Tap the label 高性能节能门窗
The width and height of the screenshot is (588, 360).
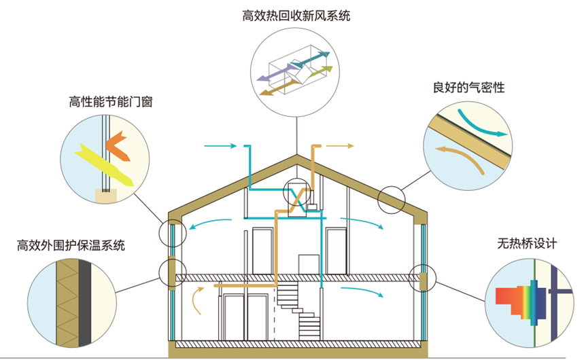pos(109,103)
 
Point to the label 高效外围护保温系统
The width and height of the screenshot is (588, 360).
pos(71,245)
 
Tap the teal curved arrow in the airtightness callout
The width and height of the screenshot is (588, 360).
pos(484,122)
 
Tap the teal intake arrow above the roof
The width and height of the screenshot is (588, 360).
pos(220,146)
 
